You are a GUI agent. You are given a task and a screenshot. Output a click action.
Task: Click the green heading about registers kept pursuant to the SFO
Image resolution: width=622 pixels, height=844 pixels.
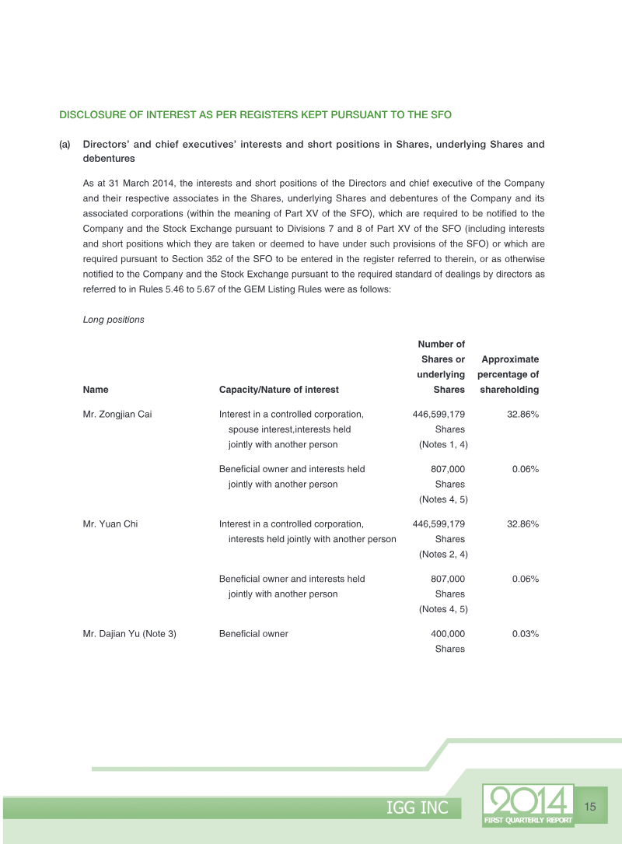click(x=255, y=114)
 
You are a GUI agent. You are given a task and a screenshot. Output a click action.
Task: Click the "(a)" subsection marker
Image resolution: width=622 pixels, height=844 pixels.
click(x=65, y=145)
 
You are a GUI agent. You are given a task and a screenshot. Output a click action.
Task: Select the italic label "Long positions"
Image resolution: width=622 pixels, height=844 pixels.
click(x=113, y=320)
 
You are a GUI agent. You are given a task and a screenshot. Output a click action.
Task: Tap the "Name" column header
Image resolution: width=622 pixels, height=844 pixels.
click(x=96, y=390)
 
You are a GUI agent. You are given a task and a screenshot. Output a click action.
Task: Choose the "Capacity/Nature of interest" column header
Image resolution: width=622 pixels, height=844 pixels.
click(x=278, y=390)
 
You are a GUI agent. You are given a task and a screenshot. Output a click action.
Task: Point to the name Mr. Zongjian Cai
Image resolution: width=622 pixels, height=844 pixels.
click(x=117, y=415)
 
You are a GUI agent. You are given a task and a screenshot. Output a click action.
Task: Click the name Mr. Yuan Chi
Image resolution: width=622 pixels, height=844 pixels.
click(x=110, y=524)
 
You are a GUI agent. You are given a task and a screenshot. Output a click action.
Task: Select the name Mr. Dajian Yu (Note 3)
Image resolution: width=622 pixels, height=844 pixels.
click(x=129, y=634)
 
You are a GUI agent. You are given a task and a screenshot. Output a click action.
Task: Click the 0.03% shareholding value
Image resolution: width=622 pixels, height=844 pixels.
click(x=526, y=634)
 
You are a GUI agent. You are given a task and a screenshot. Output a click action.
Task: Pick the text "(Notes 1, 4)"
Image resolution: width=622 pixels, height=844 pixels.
click(x=442, y=444)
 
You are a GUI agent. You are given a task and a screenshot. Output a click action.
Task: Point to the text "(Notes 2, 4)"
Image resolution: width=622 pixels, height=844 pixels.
click(x=442, y=554)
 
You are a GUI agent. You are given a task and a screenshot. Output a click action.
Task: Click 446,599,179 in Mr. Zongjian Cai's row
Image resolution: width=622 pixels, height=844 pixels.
click(x=439, y=415)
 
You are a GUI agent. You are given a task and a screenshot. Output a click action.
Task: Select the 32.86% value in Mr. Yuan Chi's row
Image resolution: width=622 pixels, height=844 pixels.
click(x=522, y=524)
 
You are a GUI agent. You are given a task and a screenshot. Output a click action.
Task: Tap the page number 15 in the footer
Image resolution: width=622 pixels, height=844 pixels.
click(x=589, y=807)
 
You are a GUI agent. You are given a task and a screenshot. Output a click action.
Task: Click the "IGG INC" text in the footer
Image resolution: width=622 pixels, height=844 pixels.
click(x=418, y=808)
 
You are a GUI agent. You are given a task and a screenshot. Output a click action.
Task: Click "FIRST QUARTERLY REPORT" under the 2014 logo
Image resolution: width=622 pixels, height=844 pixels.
click(x=528, y=820)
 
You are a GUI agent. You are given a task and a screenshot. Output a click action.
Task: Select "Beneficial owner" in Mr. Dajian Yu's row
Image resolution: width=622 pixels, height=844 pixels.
click(x=253, y=634)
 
